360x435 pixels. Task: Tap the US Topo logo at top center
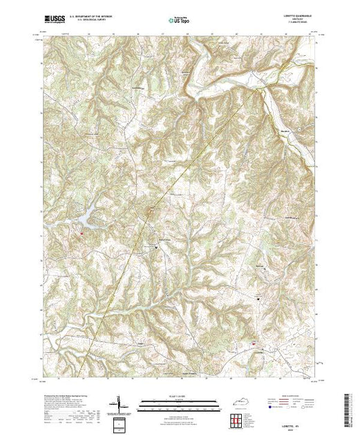[180, 21]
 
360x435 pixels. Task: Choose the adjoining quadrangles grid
[237, 418]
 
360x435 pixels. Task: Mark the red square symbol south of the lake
[82, 234]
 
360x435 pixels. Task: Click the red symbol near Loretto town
[253, 342]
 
